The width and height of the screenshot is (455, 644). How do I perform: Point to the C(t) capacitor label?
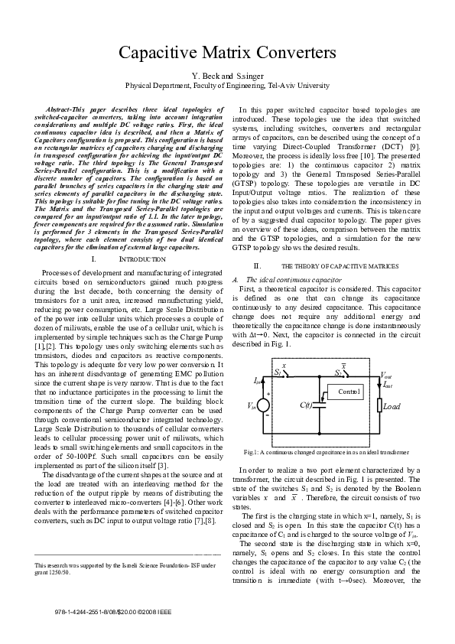pos(306,405)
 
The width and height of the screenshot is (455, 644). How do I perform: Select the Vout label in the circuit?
pos(388,376)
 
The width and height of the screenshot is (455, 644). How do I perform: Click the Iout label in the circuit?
pos(388,384)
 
